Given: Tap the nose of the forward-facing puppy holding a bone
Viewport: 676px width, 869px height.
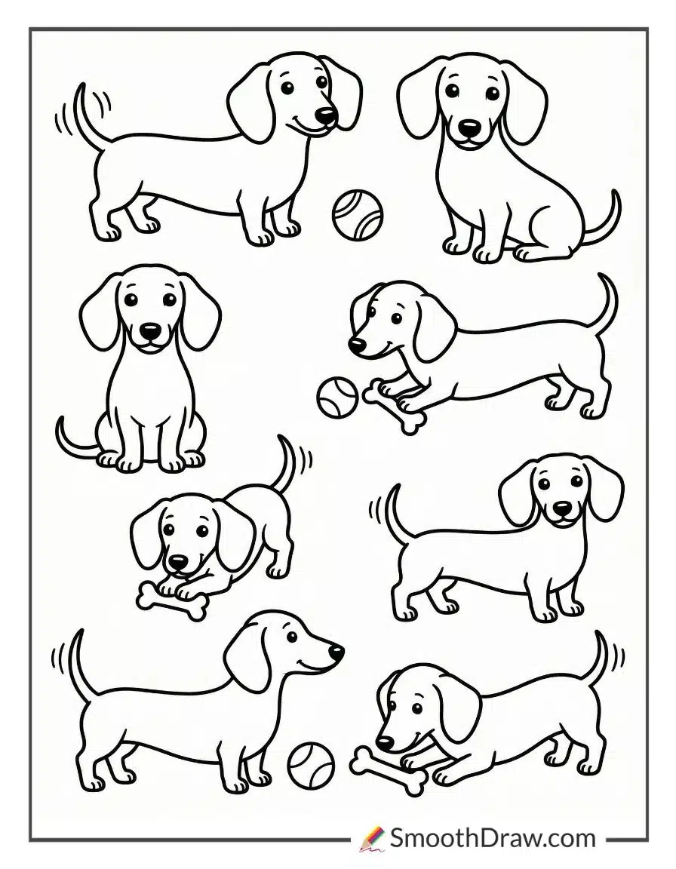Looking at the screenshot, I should pyautogui.click(x=178, y=563).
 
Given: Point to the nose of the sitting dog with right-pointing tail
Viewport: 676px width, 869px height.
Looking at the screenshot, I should pyautogui.click(x=470, y=127).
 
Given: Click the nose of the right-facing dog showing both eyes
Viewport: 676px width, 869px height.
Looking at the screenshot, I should pyautogui.click(x=325, y=115).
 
